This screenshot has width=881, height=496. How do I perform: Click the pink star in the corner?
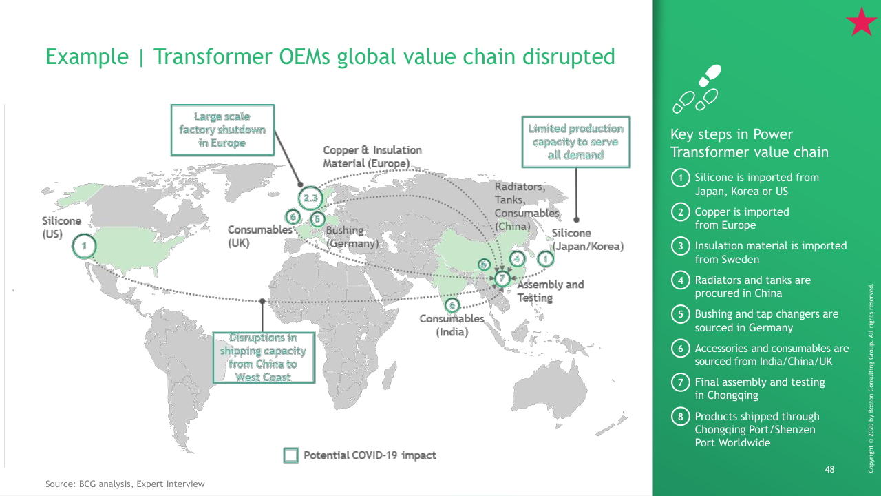pyautogui.click(x=861, y=23)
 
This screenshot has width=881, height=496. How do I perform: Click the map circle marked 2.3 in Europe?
pyautogui.click(x=310, y=198)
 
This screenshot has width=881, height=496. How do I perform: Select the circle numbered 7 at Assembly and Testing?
pyautogui.click(x=502, y=278)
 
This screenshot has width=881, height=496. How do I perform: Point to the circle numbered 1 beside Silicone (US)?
pyautogui.click(x=84, y=246)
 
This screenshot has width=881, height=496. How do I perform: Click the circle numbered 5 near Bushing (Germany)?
pyautogui.click(x=317, y=219)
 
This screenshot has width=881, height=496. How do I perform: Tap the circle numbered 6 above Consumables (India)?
pyautogui.click(x=452, y=305)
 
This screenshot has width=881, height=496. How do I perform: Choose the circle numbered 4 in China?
pyautogui.click(x=517, y=259)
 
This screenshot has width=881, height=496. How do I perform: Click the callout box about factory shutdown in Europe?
pyautogui.click(x=222, y=130)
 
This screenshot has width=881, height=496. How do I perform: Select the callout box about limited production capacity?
pyautogui.click(x=576, y=142)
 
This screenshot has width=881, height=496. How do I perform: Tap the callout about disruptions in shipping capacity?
pyautogui.click(x=264, y=358)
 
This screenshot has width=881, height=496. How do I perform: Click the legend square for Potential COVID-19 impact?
pyautogui.click(x=291, y=455)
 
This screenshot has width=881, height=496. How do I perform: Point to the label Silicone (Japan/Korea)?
pyautogui.click(x=588, y=239)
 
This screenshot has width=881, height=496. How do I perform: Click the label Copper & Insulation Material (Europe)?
pyautogui.click(x=372, y=156)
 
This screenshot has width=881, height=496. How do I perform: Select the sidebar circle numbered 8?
pyautogui.click(x=681, y=417)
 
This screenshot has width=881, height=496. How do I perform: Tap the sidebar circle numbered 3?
pyautogui.click(x=681, y=246)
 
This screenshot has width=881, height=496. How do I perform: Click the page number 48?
pyautogui.click(x=829, y=469)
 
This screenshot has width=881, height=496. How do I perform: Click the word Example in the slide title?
pyautogui.click(x=87, y=57)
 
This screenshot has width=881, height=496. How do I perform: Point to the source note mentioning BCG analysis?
pyautogui.click(x=125, y=484)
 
